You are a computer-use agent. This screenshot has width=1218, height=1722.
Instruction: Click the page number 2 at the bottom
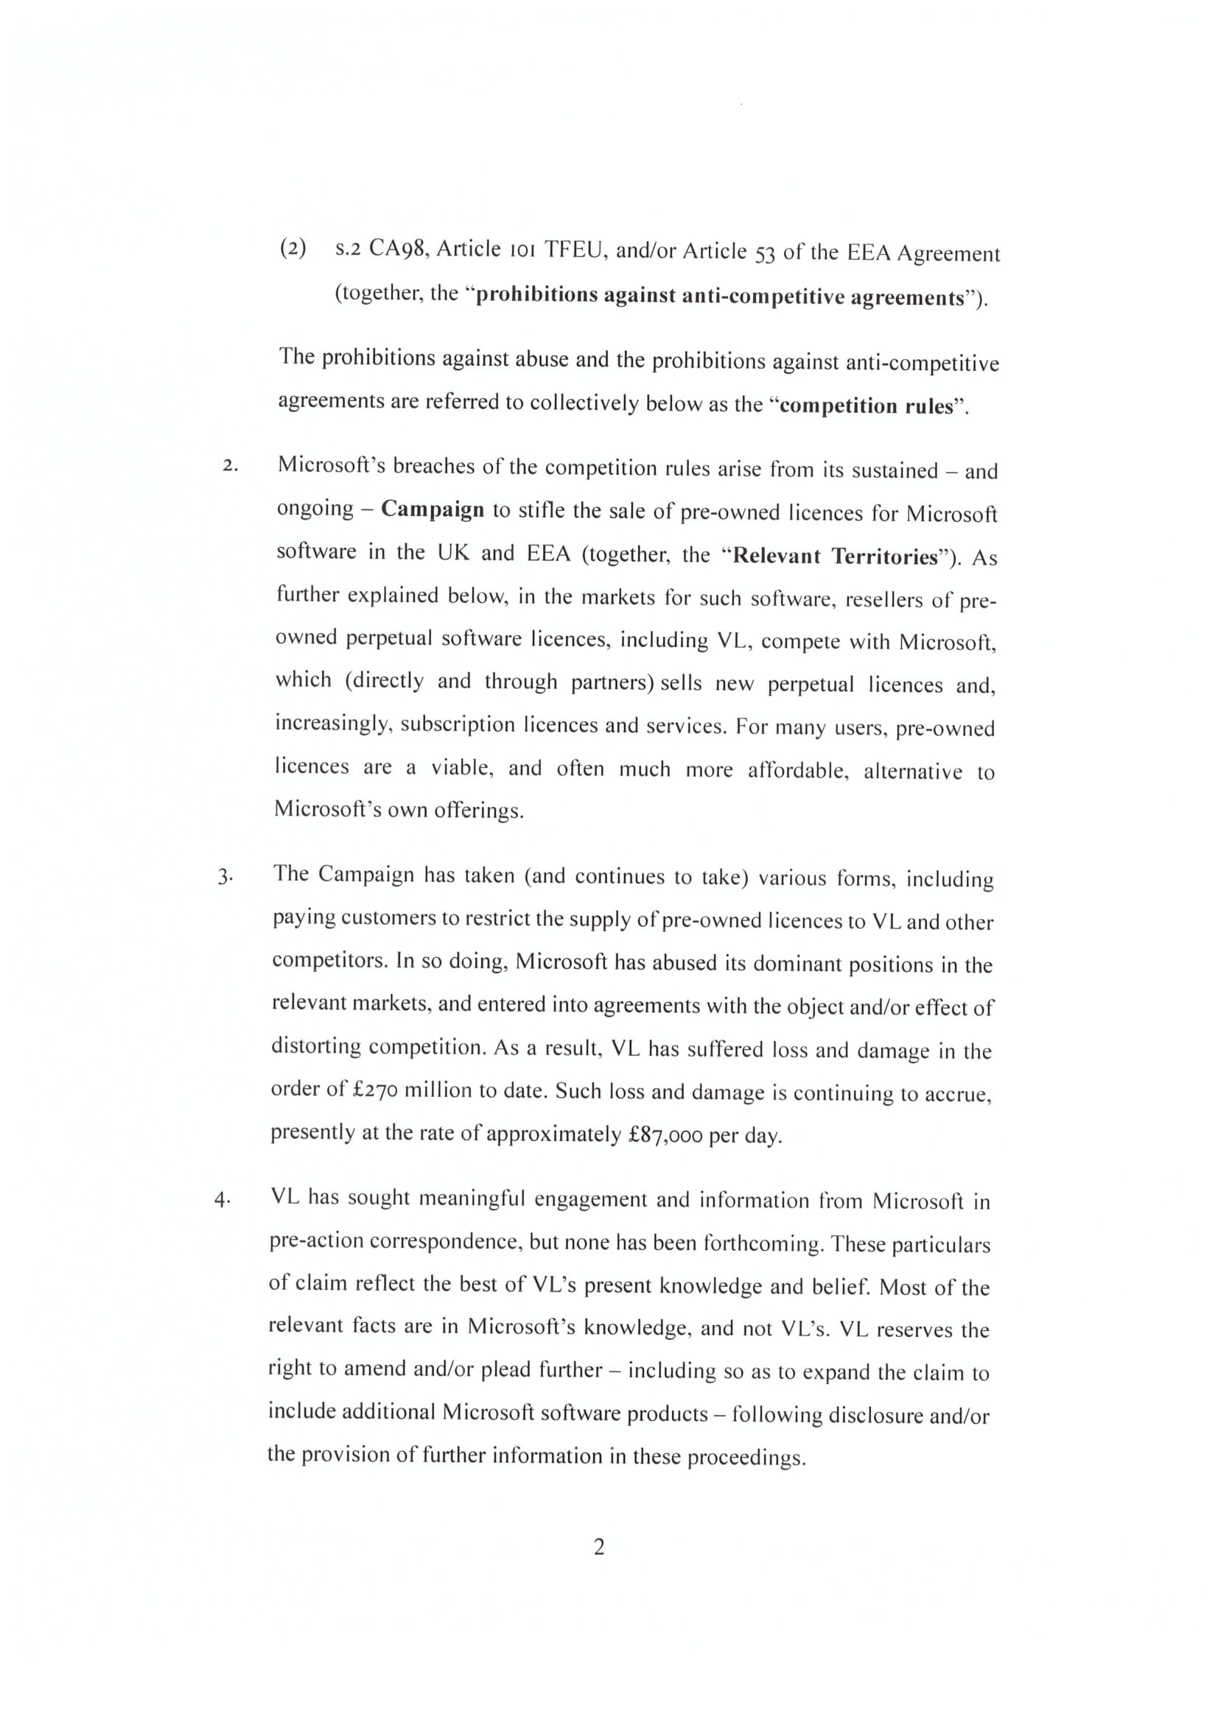click(599, 1548)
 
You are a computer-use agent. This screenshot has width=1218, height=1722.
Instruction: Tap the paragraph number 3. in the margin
click(225, 877)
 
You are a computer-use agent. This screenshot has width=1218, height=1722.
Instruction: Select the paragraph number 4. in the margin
click(222, 1200)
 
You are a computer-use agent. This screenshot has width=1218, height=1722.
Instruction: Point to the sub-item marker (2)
click(293, 247)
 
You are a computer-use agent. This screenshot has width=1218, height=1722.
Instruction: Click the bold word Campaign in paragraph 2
click(433, 509)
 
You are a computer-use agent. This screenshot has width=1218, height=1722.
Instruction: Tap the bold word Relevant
click(774, 556)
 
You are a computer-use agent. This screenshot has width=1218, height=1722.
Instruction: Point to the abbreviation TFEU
click(574, 250)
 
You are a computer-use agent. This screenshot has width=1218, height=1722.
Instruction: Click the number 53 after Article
click(764, 253)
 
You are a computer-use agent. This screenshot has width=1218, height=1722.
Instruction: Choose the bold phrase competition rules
click(867, 406)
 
